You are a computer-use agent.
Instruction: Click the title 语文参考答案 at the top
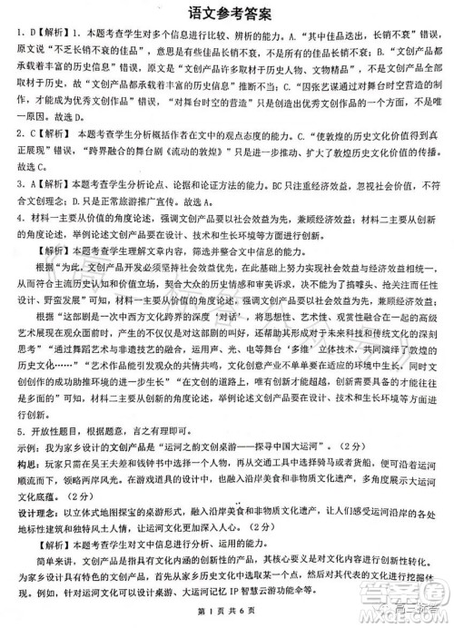227,11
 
